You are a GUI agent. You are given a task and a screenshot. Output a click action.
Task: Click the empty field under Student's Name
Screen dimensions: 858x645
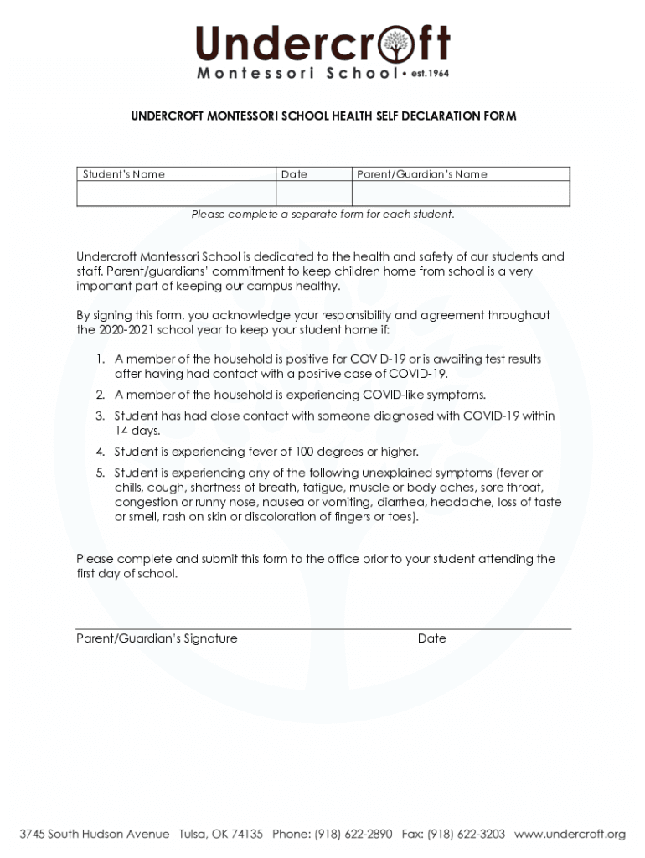click(x=176, y=194)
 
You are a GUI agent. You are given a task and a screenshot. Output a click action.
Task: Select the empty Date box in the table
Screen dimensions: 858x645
click(x=313, y=194)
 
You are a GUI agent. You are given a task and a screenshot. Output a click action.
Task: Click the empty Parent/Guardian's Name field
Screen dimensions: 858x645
click(x=460, y=194)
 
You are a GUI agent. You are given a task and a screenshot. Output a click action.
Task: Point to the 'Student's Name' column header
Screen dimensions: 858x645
click(x=123, y=174)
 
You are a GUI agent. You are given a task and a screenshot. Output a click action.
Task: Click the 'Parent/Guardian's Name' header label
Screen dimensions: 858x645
click(x=421, y=174)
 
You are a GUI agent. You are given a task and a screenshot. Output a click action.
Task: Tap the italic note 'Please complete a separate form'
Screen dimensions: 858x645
click(x=322, y=214)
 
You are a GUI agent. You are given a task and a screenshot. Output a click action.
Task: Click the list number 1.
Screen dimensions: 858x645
click(x=99, y=359)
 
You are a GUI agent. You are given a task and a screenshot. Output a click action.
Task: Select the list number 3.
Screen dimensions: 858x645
click(x=99, y=416)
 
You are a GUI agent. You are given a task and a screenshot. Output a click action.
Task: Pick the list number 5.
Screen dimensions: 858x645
click(x=99, y=473)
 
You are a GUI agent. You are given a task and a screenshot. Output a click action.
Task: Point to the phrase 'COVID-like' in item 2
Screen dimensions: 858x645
click(x=392, y=394)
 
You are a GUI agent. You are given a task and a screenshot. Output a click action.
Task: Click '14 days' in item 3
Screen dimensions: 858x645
click(x=137, y=431)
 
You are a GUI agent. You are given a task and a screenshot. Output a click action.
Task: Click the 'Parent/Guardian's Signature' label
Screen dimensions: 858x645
click(x=157, y=638)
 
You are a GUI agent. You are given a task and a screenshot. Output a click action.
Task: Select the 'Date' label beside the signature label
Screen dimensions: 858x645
click(x=431, y=638)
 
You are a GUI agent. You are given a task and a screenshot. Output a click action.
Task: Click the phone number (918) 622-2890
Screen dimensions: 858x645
click(x=353, y=834)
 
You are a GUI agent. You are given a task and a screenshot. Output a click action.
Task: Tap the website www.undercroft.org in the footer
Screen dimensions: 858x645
click(x=570, y=834)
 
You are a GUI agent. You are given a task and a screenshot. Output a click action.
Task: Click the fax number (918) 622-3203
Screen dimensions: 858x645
click(x=467, y=834)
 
